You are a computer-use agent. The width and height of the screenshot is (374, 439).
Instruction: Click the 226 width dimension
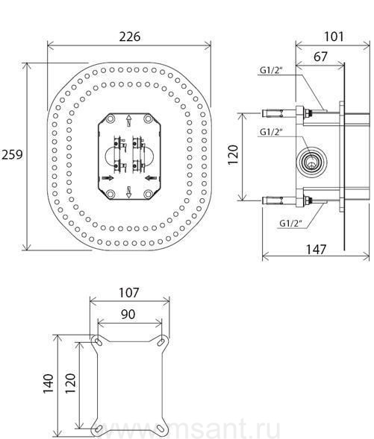pos(130,37)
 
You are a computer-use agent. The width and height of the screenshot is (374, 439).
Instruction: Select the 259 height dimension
pos(11,154)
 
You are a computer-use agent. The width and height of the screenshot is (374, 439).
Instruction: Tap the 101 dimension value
pos(334,37)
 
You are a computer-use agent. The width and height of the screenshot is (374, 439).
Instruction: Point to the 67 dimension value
pos(320,57)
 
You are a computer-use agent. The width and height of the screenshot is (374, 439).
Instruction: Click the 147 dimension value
pos(316,250)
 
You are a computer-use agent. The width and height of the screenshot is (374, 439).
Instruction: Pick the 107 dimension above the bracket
pos(129,293)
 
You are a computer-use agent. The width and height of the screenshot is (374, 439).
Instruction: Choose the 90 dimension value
pos(128,315)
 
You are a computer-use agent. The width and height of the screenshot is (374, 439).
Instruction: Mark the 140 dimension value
pos(49,383)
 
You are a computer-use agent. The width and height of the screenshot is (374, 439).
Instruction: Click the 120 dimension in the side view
pos(233,155)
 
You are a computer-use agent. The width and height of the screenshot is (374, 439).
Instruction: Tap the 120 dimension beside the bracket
pos(71,383)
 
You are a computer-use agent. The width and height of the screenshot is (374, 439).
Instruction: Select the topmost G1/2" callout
pos(270,71)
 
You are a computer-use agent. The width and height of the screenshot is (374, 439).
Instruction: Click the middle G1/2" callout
pos(270,132)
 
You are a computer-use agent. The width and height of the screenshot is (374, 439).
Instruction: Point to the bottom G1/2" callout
pos(290,224)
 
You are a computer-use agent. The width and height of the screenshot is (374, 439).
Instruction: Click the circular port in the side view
pos(311,162)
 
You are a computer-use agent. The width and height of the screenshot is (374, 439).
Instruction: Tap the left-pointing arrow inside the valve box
pos(151,177)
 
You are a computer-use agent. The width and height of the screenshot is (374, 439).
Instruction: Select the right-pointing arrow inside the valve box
pos(108,178)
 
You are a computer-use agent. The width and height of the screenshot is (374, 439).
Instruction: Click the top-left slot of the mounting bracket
pos(99,341)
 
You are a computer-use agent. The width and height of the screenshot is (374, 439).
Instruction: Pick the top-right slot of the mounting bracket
pos(161,342)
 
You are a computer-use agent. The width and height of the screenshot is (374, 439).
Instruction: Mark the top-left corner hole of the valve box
pos(110,119)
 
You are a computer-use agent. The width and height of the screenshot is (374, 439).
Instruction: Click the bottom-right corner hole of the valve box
pos(148,194)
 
